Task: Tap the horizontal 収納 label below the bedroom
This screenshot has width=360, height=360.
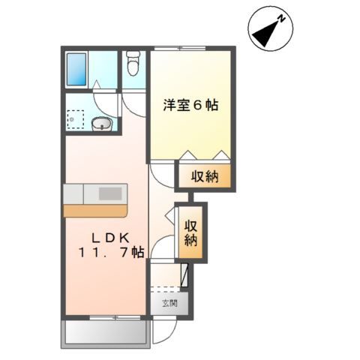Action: pos(203,178)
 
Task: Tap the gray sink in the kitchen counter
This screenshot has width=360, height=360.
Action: pos(109,193)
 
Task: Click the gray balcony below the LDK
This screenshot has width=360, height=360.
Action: pos(103,332)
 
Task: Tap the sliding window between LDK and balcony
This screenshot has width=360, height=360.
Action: pos(103,318)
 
